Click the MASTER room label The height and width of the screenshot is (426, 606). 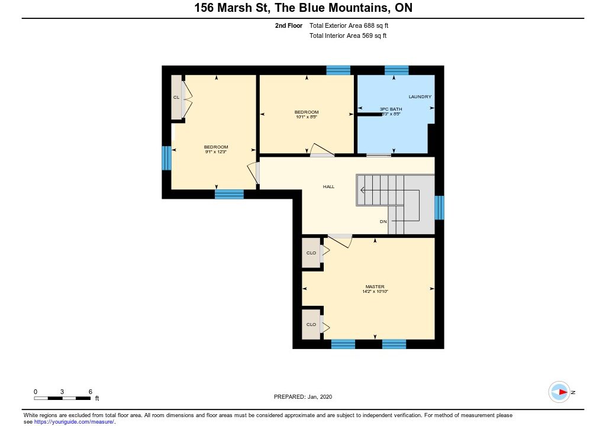375,286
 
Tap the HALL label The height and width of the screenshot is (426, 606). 328,186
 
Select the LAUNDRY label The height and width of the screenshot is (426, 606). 420,96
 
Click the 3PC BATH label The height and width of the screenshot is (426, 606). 390,109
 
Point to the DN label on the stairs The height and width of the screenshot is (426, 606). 383,221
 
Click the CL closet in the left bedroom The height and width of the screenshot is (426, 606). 176,97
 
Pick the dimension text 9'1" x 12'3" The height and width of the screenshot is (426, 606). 216,152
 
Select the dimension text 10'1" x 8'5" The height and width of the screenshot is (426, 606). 307,117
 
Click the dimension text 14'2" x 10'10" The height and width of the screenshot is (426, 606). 375,292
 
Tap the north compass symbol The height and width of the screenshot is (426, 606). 559,392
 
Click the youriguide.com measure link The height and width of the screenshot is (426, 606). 73,422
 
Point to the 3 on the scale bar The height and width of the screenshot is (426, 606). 62,392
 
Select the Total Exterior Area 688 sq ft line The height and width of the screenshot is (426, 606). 349,26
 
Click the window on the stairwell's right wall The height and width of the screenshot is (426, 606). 439,208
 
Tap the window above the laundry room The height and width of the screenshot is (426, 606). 397,70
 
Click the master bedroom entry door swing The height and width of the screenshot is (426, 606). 340,240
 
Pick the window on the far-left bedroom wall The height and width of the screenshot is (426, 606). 166,158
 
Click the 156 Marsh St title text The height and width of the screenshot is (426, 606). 303,8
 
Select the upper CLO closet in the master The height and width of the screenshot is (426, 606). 311,253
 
